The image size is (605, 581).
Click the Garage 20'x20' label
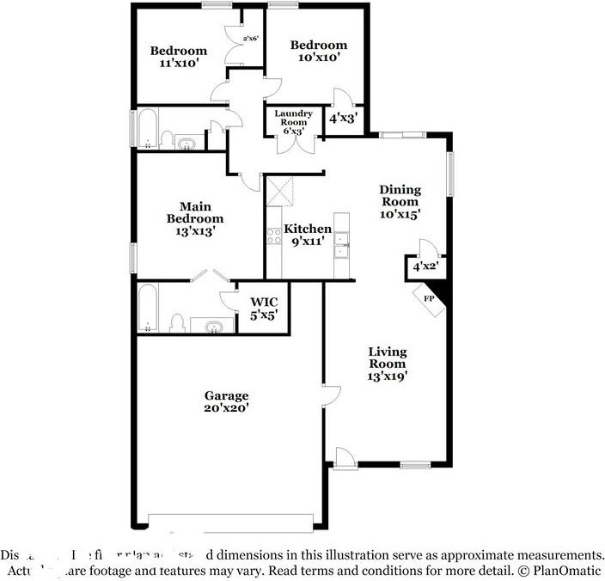227,402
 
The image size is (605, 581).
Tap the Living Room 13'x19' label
388,364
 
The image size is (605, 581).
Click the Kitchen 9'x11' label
308,235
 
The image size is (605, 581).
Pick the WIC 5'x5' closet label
263,309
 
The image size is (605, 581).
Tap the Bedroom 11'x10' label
178,57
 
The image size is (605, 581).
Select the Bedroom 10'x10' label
318,52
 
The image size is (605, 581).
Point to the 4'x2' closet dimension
425,267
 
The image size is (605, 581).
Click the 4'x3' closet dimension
343,118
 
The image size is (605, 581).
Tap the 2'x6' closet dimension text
252,39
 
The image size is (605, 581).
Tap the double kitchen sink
342,244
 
